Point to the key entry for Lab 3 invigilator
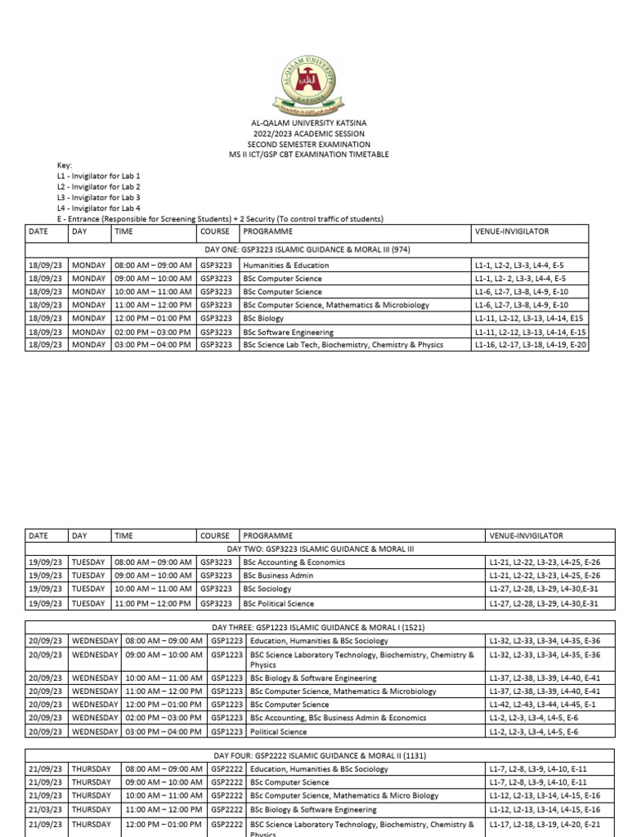coord(98,197)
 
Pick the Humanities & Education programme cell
coord(286,265)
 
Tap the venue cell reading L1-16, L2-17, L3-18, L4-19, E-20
coord(530,344)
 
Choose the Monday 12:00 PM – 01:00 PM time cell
coord(153,318)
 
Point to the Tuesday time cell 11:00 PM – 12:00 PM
coord(153,603)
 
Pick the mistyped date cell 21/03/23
coord(44,809)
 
